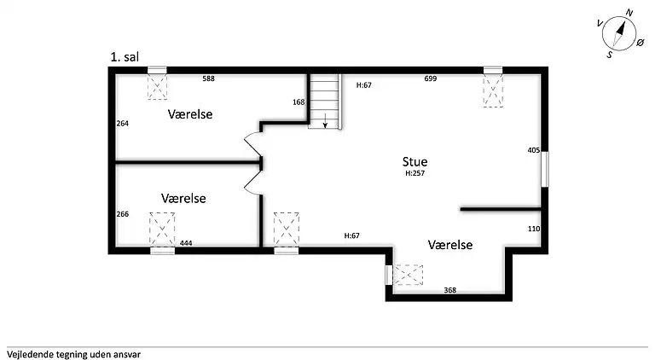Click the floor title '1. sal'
tap(125, 57)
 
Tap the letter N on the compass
tap(629, 12)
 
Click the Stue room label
tap(415, 161)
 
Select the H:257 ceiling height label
tap(415, 173)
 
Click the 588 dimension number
tap(208, 78)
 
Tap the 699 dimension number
tap(431, 78)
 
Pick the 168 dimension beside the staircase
tap(299, 102)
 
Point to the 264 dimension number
tap(123, 124)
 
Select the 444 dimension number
tap(186, 243)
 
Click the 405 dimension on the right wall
tap(533, 150)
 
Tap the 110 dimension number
tap(533, 229)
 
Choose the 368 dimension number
tap(449, 290)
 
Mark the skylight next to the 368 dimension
tap(409, 275)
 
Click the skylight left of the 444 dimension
tap(162, 229)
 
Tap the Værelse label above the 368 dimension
tap(449, 245)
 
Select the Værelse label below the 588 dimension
tap(190, 114)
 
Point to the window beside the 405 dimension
tap(545, 168)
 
